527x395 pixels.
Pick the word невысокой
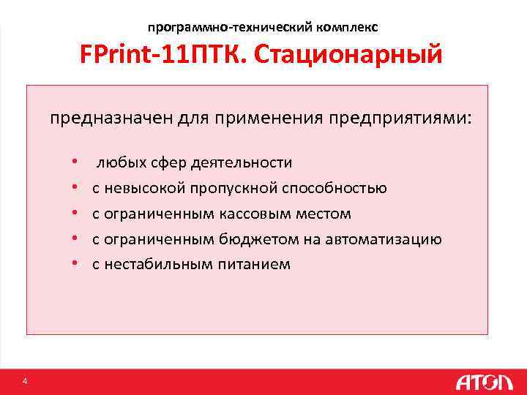click(x=145, y=188)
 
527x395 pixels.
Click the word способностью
click(x=335, y=188)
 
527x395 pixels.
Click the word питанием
click(x=254, y=265)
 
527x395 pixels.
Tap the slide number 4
click(x=25, y=381)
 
